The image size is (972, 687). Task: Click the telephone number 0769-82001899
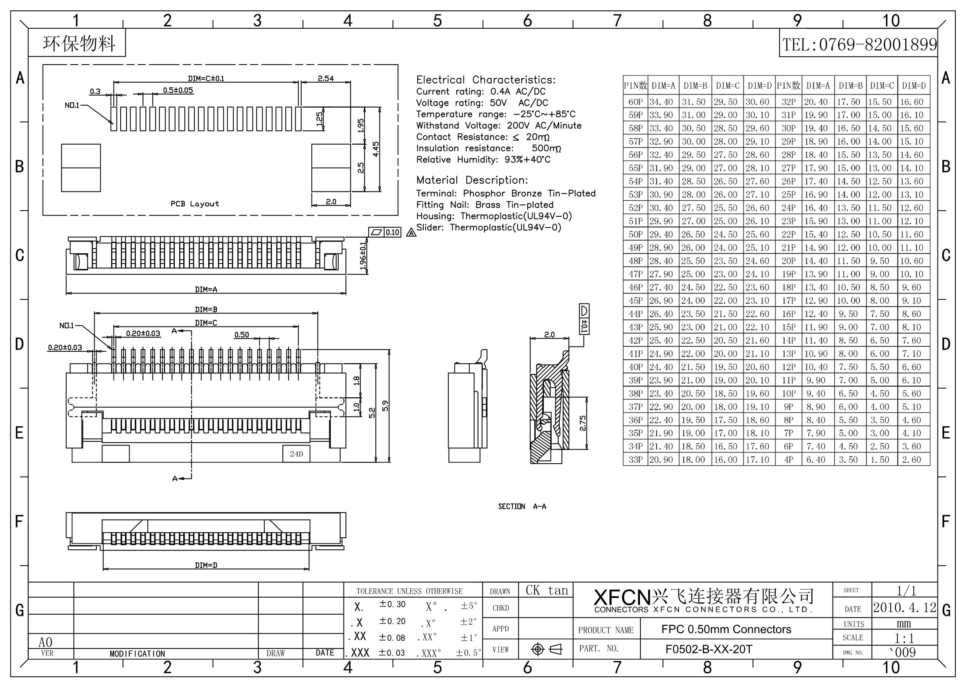(878, 45)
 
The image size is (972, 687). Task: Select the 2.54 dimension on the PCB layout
(326, 78)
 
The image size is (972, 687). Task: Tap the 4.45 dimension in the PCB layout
(376, 149)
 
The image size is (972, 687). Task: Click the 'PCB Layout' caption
(195, 204)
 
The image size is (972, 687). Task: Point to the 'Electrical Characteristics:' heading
(486, 80)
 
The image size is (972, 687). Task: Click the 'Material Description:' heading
(472, 180)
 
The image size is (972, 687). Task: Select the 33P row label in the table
(635, 459)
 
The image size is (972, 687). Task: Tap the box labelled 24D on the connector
(296, 454)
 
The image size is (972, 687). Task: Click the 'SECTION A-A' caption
(522, 506)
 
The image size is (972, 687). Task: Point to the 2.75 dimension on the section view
(582, 423)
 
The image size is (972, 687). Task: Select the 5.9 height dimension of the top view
(385, 405)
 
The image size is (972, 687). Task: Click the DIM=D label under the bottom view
(206, 565)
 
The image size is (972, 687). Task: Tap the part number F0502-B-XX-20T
(709, 649)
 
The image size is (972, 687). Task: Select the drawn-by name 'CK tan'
(546, 590)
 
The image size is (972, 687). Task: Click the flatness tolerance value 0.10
(393, 232)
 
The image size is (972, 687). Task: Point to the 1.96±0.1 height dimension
(363, 255)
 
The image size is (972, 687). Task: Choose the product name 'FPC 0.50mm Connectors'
(726, 629)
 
